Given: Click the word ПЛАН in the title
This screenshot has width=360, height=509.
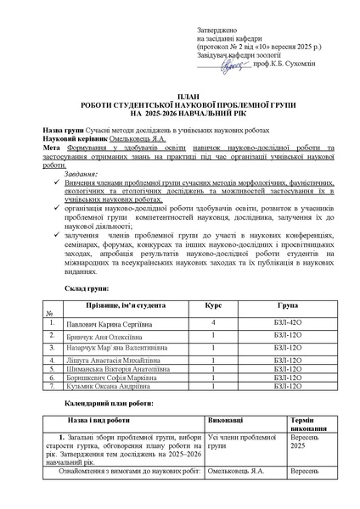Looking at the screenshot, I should [x=179, y=98].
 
